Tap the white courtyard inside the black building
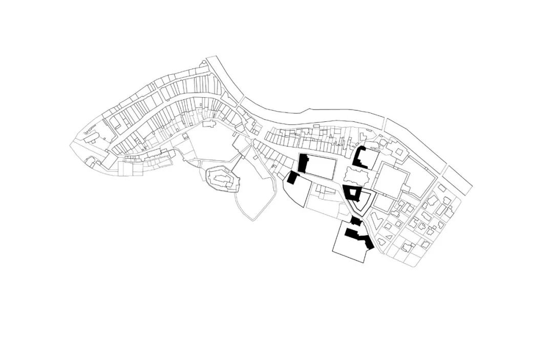tap(353, 194)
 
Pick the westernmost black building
tap(292, 178)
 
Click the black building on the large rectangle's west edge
tap(303, 163)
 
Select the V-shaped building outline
tap(376, 223)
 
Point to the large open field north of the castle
tap(207, 146)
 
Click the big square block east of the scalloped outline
tap(392, 179)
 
